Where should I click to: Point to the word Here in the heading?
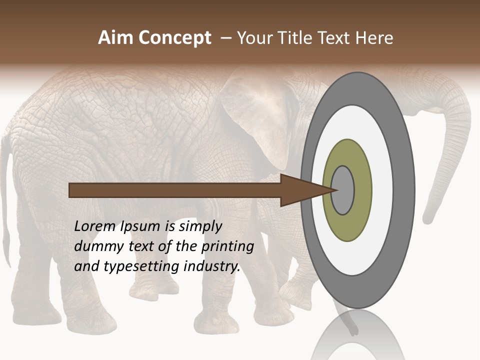pos(374,38)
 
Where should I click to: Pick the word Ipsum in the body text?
pos(141,227)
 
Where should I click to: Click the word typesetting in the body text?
pos(142,267)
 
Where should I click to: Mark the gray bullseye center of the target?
pos(343,190)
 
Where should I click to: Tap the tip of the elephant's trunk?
pos(428,219)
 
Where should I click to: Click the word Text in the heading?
pos(336,38)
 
